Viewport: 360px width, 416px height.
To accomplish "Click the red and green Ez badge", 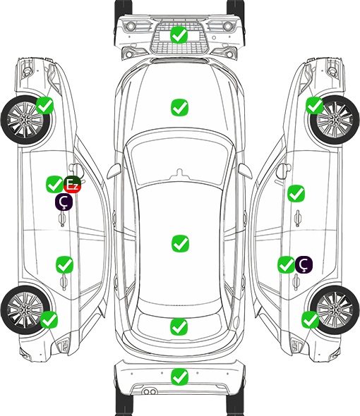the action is pyautogui.click(x=72, y=185).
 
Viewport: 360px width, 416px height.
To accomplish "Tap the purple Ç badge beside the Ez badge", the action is pyautogui.click(x=64, y=202).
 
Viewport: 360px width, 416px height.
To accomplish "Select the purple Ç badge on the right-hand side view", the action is pyautogui.click(x=304, y=264).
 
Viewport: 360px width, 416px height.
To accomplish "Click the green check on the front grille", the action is pyautogui.click(x=179, y=35).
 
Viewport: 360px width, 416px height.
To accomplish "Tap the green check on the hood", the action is pyautogui.click(x=179, y=107).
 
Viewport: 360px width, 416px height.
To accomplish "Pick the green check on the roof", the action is pyautogui.click(x=180, y=243).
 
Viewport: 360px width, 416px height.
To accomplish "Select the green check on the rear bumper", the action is pyautogui.click(x=179, y=377).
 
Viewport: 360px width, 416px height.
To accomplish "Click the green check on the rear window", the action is pyautogui.click(x=179, y=327).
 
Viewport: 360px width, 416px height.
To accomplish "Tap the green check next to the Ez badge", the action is pyautogui.click(x=55, y=185).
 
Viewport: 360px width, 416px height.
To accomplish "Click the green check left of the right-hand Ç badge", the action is pyautogui.click(x=286, y=264).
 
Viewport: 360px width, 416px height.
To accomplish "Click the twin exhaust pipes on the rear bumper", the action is pyautogui.click(x=150, y=391).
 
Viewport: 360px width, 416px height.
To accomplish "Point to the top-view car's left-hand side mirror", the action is pyautogui.click(x=114, y=171).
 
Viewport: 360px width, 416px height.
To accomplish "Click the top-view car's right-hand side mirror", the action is pyautogui.click(x=245, y=171).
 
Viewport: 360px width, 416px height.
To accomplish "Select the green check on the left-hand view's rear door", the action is pyautogui.click(x=64, y=264).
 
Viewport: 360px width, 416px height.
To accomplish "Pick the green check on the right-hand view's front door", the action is pyautogui.click(x=296, y=193).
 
